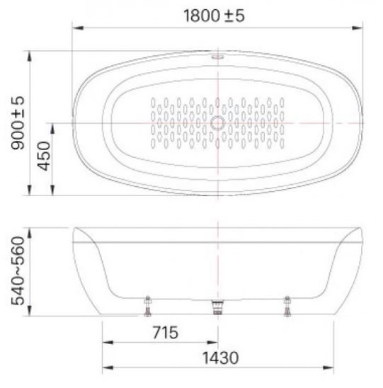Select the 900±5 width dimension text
[x=16, y=125]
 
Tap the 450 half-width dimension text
[x=43, y=157]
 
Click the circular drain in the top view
[x=217, y=123]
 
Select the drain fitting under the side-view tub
[x=217, y=308]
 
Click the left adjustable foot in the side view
[x=148, y=307]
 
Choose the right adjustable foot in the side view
[x=287, y=307]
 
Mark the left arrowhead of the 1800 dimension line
[x=75, y=28]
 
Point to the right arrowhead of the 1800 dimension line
[x=359, y=28]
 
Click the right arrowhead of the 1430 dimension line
[x=331, y=367]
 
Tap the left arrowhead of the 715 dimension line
[x=105, y=342]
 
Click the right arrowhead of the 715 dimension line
[x=215, y=342]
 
